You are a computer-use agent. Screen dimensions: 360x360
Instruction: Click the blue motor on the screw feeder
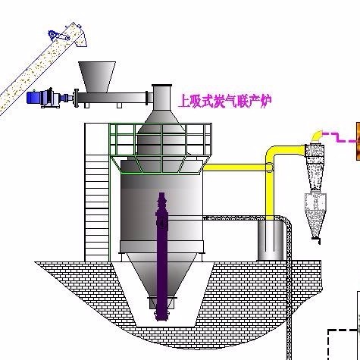pyautogui.click(x=33, y=98)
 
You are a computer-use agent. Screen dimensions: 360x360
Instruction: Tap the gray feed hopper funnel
pyautogui.click(x=97, y=77)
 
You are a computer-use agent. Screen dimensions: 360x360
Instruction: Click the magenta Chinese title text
pyautogui.click(x=225, y=102)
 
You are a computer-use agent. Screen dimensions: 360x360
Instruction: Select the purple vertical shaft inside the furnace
pyautogui.click(x=161, y=256)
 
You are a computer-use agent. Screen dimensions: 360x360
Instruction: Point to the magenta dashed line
pyautogui.click(x=340, y=137)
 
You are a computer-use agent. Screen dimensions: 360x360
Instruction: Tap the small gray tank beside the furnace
pyautogui.click(x=271, y=240)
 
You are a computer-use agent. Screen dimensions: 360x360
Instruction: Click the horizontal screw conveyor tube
pyautogui.click(x=112, y=98)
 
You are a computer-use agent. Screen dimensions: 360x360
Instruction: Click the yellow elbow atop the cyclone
pyautogui.click(x=317, y=136)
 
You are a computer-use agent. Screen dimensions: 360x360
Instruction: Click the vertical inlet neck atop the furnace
pyautogui.click(x=161, y=98)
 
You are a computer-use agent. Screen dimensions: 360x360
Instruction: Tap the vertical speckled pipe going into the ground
pyautogui.click(x=289, y=290)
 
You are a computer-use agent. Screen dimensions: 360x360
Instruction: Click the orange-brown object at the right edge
pyautogui.click(x=358, y=141)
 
